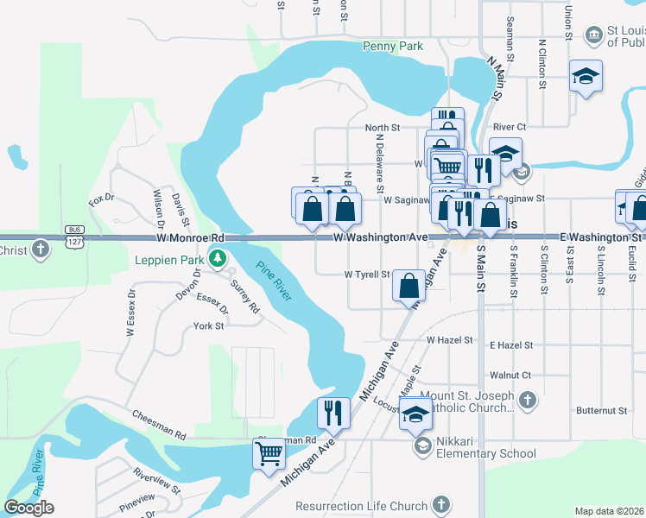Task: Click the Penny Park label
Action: [x=393, y=46]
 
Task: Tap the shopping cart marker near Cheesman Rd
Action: [x=269, y=452]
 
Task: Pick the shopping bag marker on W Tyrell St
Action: [x=408, y=286]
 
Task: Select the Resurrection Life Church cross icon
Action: [x=440, y=505]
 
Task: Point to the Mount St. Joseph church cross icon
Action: [x=528, y=401]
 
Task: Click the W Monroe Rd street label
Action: [x=190, y=237]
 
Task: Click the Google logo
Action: [x=28, y=508]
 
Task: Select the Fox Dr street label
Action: [x=102, y=201]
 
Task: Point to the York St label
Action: [x=208, y=326]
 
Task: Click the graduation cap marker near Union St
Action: [x=586, y=76]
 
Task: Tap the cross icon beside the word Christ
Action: [x=40, y=250]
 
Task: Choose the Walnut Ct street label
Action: [x=510, y=376]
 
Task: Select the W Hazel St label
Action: [x=449, y=341]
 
